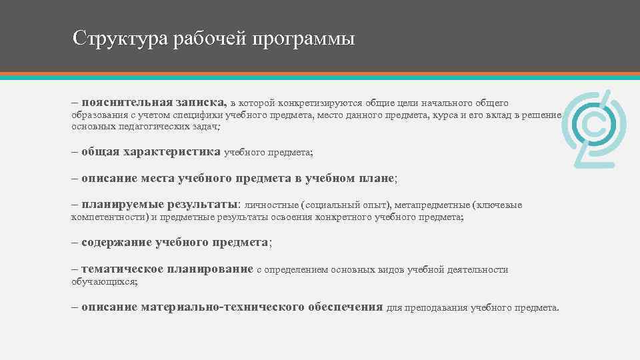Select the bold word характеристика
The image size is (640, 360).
pos(171,152)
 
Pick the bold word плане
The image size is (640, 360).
pos(379,179)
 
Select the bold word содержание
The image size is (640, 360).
pos(116,243)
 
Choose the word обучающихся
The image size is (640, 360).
pos(104,281)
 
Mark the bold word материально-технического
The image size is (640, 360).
pos(223,307)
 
